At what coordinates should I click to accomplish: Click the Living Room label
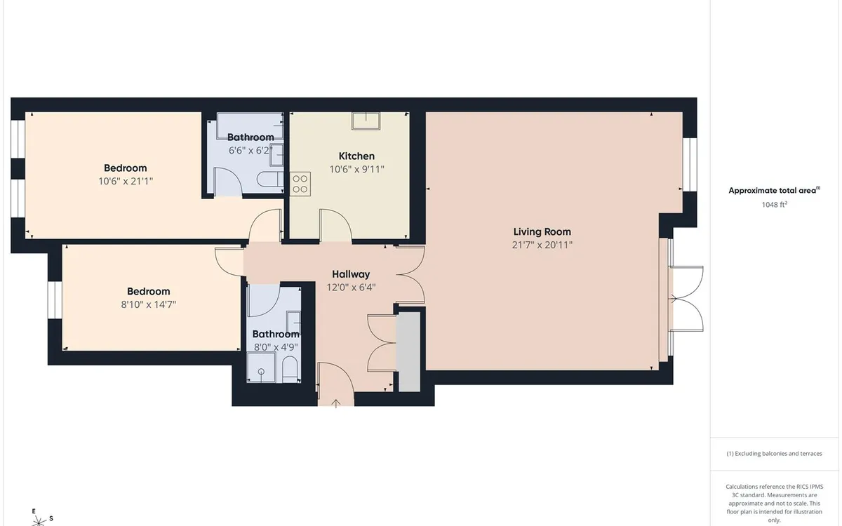[542, 232]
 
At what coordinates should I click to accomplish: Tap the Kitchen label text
[356, 156]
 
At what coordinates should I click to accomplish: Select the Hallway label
[351, 274]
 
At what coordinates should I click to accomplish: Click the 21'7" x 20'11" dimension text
[542, 245]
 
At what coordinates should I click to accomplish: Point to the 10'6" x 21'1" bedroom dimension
[126, 181]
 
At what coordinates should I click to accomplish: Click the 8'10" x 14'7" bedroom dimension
[149, 304]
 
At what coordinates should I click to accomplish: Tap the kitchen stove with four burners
[300, 184]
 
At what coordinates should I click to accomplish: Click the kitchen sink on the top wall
[366, 121]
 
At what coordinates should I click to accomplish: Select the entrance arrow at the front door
[335, 403]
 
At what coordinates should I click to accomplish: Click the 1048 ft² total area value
[775, 204]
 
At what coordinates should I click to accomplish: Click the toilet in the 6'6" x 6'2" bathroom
[270, 180]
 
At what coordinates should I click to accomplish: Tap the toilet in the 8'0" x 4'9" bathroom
[290, 370]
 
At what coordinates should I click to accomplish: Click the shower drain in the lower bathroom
[261, 372]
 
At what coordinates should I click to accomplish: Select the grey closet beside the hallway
[409, 352]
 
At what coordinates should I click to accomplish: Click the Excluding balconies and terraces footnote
[775, 454]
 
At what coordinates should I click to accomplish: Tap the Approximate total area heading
[775, 190]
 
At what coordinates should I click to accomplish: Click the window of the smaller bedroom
[55, 300]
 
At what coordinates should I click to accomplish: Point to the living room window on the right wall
[690, 165]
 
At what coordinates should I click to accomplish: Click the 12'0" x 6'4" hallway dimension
[351, 288]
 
